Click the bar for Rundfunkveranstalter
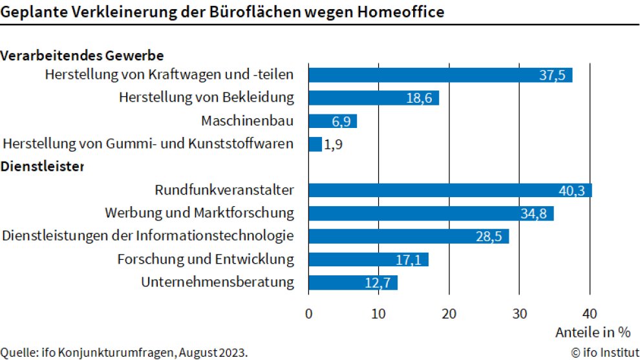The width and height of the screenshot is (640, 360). click(x=450, y=190)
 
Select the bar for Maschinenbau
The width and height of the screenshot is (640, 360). click(x=332, y=121)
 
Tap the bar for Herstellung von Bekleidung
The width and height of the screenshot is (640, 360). click(x=374, y=98)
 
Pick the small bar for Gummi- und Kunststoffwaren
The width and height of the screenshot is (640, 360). click(x=315, y=144)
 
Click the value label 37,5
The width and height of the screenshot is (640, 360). click(x=551, y=75)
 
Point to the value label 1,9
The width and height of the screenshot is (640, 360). click(x=333, y=144)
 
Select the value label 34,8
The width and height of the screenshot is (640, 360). click(x=533, y=213)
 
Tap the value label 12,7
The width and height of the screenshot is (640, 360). click(x=377, y=283)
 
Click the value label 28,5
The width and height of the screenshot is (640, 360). click(x=489, y=237)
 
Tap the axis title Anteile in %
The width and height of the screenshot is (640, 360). click(x=592, y=332)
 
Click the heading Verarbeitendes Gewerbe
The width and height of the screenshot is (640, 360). click(x=81, y=56)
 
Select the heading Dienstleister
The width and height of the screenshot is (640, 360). click(x=43, y=167)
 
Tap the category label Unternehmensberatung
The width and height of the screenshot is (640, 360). click(x=217, y=282)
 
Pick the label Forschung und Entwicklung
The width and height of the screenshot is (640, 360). click(x=206, y=259)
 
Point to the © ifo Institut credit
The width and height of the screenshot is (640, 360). click(x=601, y=352)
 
